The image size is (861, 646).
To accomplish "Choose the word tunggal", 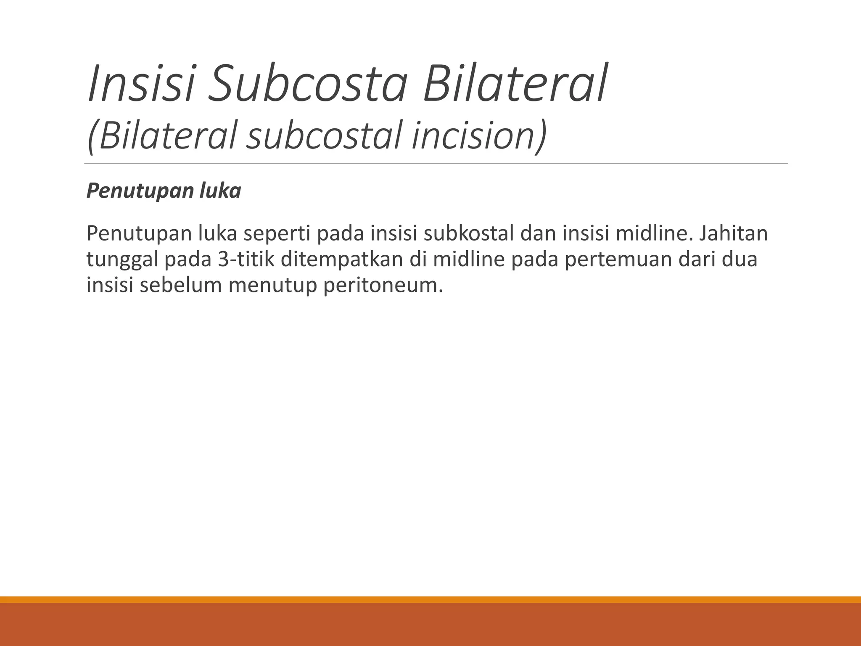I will tap(122, 259).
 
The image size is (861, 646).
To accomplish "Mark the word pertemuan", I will tap(618, 259).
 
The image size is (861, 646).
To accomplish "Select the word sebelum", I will tap(181, 285).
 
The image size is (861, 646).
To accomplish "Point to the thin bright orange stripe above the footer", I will tap(430, 600).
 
